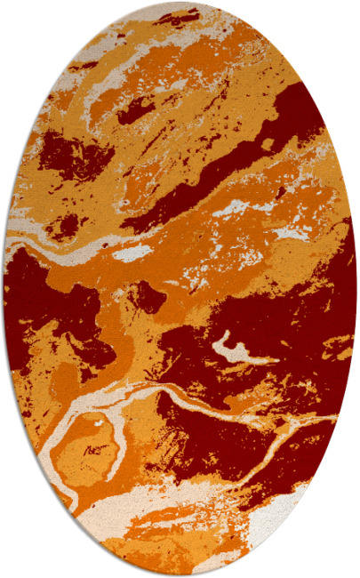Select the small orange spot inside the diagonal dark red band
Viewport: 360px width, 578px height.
tap(266, 143)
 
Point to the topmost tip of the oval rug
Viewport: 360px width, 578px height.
tap(180, 3)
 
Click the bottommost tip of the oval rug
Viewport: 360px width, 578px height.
tap(180, 575)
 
